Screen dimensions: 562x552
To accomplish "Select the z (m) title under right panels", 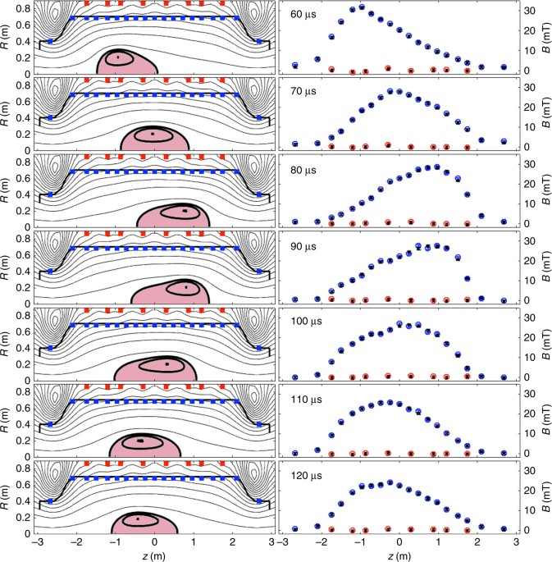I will point(399,555).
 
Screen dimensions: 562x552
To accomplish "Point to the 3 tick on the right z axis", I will point(517,543).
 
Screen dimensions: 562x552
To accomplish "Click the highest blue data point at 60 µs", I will point(362,7).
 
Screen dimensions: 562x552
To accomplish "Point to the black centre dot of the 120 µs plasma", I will point(138,519).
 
